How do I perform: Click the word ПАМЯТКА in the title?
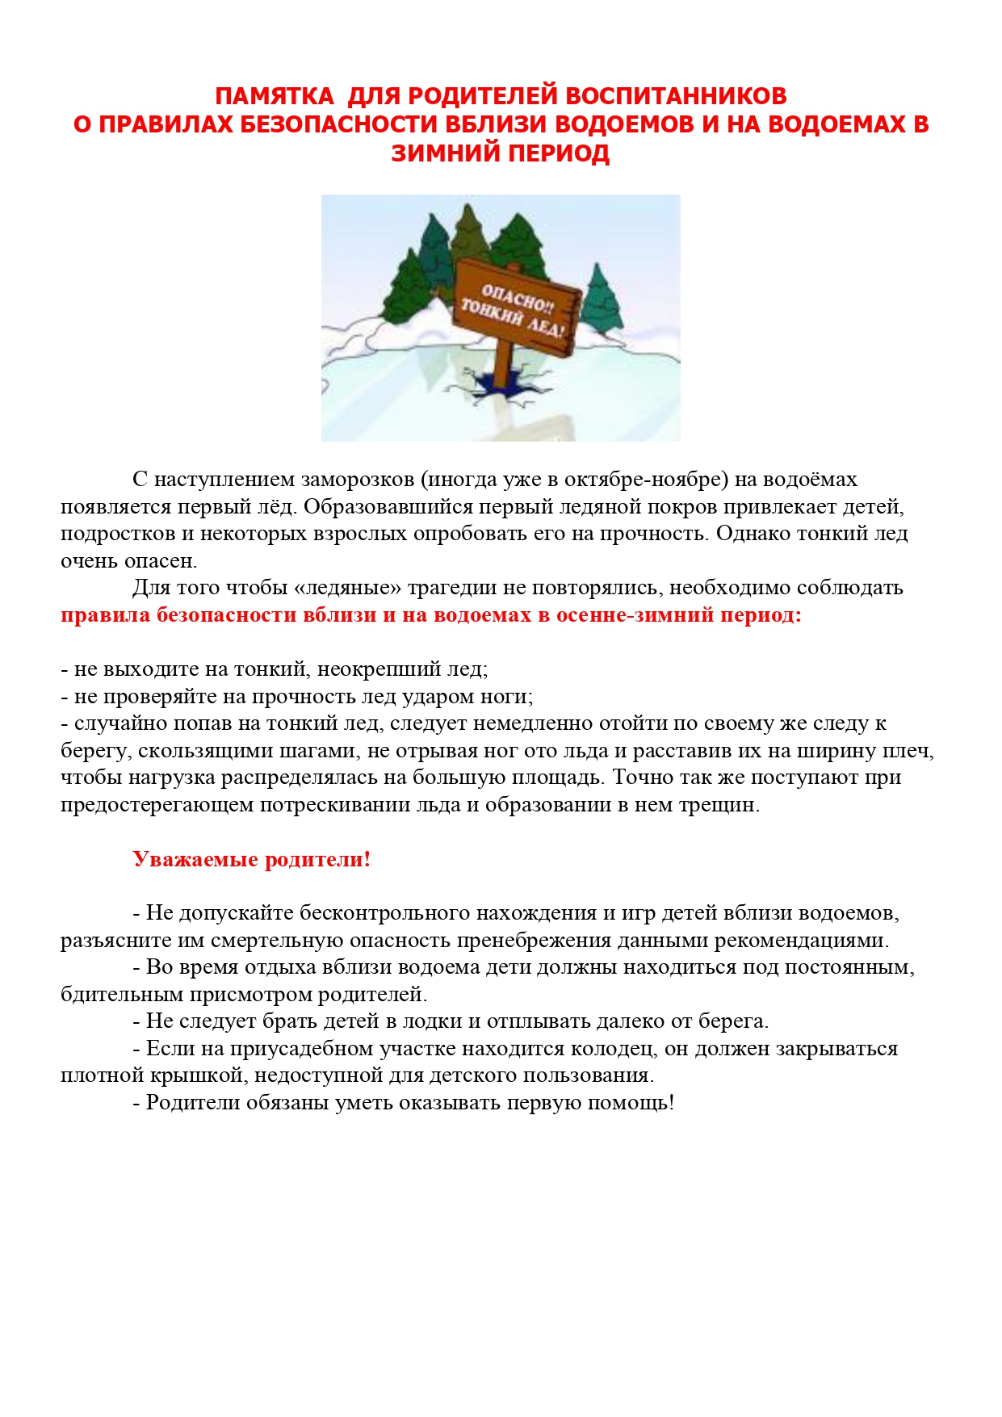[274, 96]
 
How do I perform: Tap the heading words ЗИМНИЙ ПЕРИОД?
[500, 153]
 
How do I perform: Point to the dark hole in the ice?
[498, 386]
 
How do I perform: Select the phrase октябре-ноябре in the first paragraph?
[646, 480]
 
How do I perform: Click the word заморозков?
[357, 480]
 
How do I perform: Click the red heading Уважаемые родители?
[251, 859]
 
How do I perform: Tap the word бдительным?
[122, 995]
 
